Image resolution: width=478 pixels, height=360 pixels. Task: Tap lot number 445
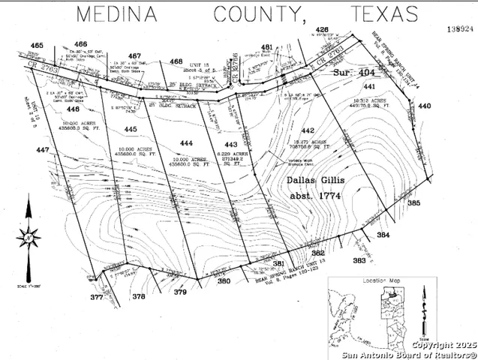coord(130,130)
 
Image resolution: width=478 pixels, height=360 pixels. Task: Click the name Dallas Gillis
coord(314,181)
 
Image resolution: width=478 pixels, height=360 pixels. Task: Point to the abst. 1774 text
coord(314,196)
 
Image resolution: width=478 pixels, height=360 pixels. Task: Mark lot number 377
coord(96,298)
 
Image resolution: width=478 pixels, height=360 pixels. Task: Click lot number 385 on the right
coord(413,202)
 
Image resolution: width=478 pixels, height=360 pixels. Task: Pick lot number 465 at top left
coord(35,45)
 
